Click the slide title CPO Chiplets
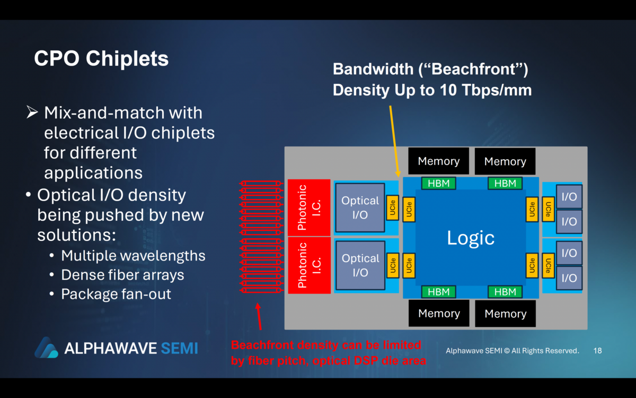tap(101, 59)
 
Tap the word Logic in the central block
tap(471, 238)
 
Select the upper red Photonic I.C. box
tap(308, 207)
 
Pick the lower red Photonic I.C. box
tap(308, 265)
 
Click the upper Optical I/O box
tap(360, 207)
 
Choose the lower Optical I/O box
tap(360, 265)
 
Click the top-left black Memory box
tap(438, 161)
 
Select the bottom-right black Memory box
tap(505, 314)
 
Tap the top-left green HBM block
tap(438, 184)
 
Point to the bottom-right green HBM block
tap(505, 292)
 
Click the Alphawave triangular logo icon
tap(46, 348)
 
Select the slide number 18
tap(597, 351)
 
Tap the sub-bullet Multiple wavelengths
tap(133, 256)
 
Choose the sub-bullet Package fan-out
tap(116, 294)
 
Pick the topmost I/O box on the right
tap(569, 196)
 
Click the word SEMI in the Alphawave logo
tap(179, 348)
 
